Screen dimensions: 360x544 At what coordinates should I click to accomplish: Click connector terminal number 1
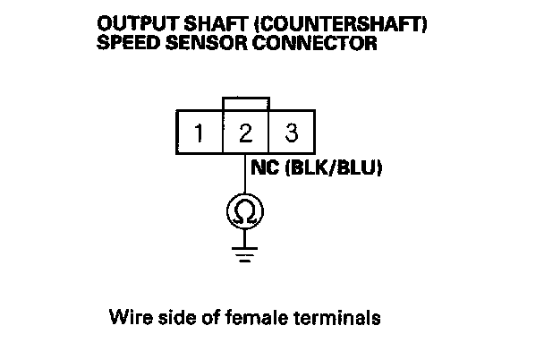click(200, 135)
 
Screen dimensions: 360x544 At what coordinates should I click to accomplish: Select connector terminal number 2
click(245, 135)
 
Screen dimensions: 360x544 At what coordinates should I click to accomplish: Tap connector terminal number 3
click(291, 135)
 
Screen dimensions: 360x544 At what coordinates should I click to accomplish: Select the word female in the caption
click(233, 316)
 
